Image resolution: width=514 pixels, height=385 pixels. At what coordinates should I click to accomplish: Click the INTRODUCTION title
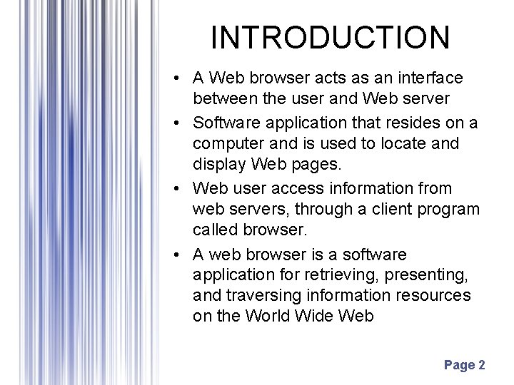[331, 38]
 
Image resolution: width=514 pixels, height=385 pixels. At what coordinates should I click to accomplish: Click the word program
[454, 210]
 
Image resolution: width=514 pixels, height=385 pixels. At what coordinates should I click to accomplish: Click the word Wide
[323, 316]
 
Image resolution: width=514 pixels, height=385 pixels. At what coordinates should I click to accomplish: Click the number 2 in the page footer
[482, 365]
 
